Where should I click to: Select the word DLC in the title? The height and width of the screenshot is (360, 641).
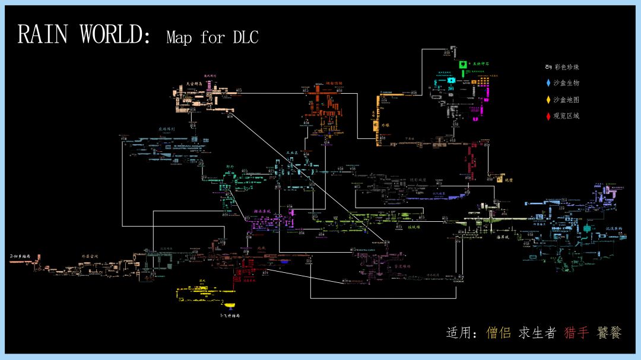tap(245, 37)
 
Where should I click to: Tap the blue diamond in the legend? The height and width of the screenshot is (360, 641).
tap(548, 83)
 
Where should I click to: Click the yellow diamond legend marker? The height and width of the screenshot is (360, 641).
tap(548, 100)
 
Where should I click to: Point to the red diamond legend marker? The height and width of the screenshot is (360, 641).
tap(548, 116)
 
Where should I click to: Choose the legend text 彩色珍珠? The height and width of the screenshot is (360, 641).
tap(567, 67)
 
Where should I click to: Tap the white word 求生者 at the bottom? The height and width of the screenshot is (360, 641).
tap(538, 333)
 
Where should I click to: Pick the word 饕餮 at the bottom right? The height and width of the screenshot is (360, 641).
tap(610, 333)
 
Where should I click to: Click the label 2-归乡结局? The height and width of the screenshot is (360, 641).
tap(20, 256)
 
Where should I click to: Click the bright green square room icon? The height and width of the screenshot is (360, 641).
tap(462, 63)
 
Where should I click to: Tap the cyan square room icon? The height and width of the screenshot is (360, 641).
tap(451, 80)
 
